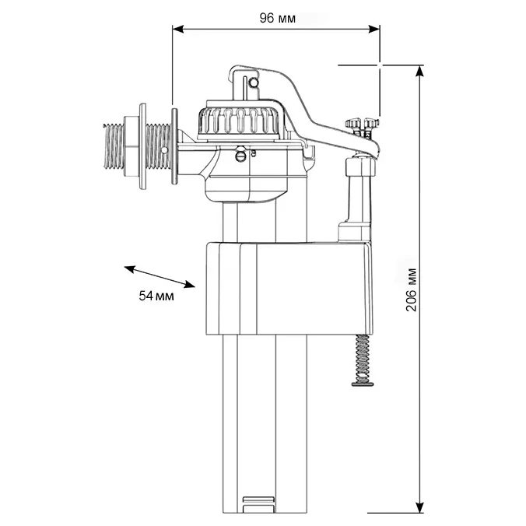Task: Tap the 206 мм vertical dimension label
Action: [x=412, y=289]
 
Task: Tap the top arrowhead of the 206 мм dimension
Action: [x=420, y=71]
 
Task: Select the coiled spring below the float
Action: [x=360, y=354]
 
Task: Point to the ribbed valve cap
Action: [x=237, y=122]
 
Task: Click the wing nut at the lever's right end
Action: [x=361, y=124]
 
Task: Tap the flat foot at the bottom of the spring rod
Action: [x=361, y=380]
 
